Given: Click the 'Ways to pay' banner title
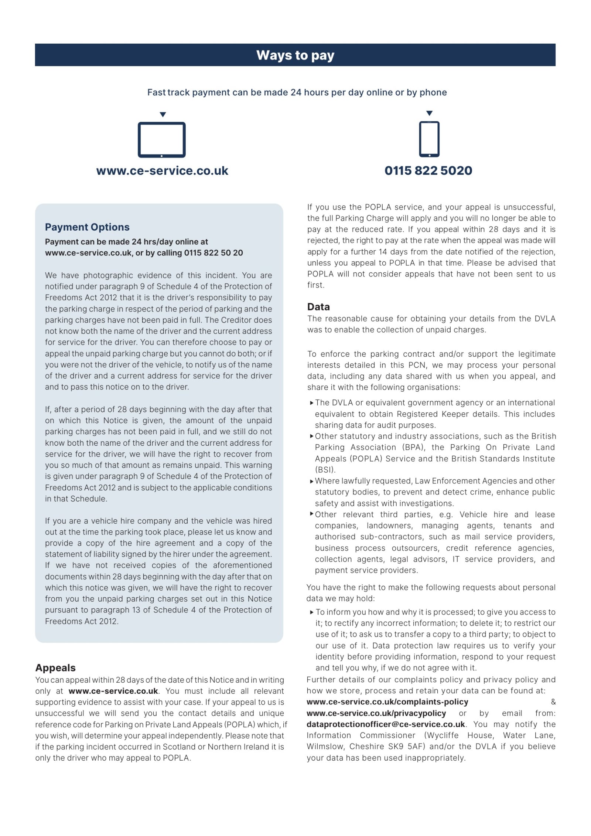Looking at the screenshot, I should coord(295,55).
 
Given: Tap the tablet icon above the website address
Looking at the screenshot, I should coord(161,139).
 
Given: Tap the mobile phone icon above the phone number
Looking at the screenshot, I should coord(429,139).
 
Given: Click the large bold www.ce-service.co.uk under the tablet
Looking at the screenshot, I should coord(162,171).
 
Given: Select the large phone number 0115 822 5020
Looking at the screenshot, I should coord(428,171).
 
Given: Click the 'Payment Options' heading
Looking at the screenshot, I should coord(87,227).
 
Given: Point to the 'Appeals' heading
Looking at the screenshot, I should coord(55,667).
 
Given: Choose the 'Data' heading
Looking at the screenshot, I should coord(318,307).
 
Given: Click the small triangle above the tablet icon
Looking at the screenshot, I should coord(163,115).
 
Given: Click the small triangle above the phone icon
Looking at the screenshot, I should coord(429,113).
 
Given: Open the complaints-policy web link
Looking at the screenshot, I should coord(387,701).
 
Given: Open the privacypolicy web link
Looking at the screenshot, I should coord(376,713).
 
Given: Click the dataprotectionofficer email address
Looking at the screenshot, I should coord(386,724).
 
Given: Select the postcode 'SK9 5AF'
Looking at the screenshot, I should coord(406,746).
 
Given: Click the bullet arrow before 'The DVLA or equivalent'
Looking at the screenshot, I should coord(312,402).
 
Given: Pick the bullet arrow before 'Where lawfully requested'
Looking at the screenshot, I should coord(312,481).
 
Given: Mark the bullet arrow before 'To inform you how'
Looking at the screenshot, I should coord(312,612).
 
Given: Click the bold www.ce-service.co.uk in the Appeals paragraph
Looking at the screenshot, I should coord(113,691).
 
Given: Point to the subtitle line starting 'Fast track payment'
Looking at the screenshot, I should coord(297,92).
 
